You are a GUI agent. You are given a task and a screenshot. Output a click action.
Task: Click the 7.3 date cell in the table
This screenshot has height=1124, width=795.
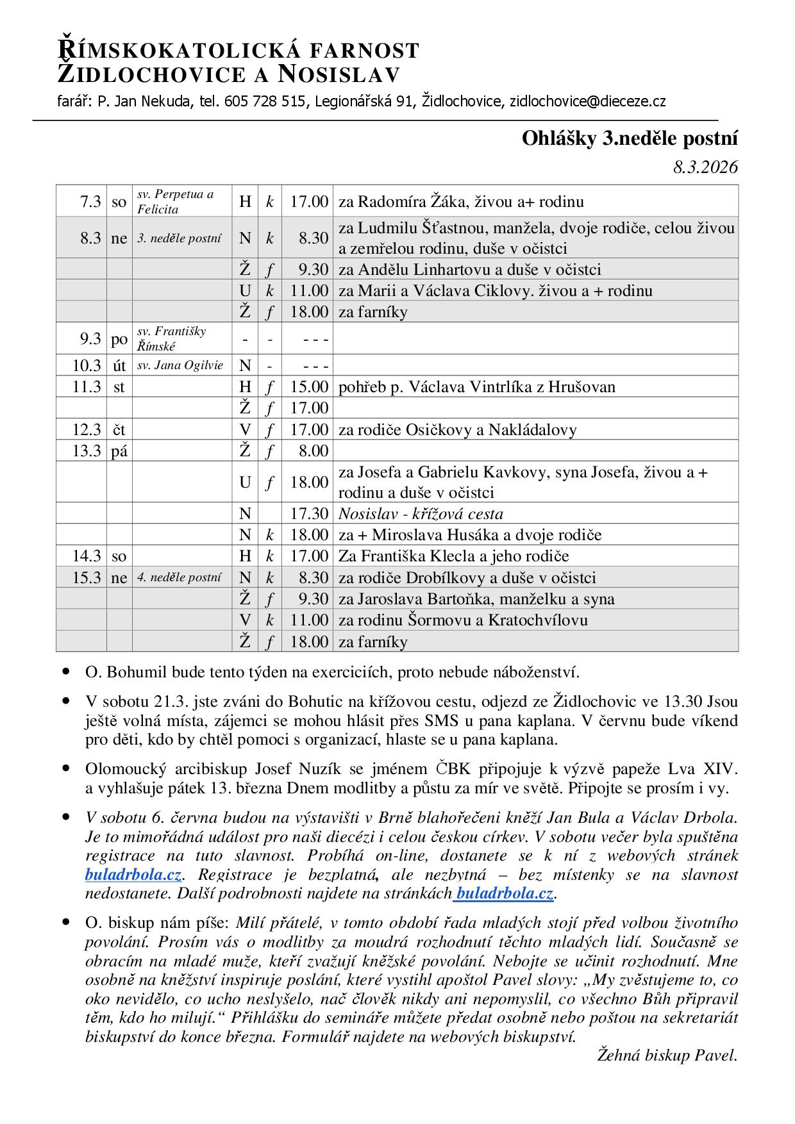coord(90,202)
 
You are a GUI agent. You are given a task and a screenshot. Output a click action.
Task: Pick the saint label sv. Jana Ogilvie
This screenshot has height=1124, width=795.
coord(180,365)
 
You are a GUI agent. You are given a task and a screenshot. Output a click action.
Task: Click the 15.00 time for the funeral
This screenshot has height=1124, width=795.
coord(308,387)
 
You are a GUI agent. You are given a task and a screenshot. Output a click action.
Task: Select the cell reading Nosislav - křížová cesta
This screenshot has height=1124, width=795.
coord(421,514)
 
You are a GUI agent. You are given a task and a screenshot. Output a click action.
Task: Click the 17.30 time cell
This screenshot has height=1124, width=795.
coord(308,514)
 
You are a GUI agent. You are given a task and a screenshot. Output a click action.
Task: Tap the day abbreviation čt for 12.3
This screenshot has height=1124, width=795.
coord(119,429)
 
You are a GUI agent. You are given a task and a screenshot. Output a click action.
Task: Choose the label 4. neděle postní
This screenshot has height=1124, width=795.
coord(180,577)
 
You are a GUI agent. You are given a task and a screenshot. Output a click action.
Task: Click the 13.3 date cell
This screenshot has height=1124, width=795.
coord(87,450)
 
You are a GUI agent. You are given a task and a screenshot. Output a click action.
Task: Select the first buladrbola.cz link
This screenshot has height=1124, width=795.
coord(133,875)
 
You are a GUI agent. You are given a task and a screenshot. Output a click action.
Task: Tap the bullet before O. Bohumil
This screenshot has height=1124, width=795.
coord(67,672)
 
